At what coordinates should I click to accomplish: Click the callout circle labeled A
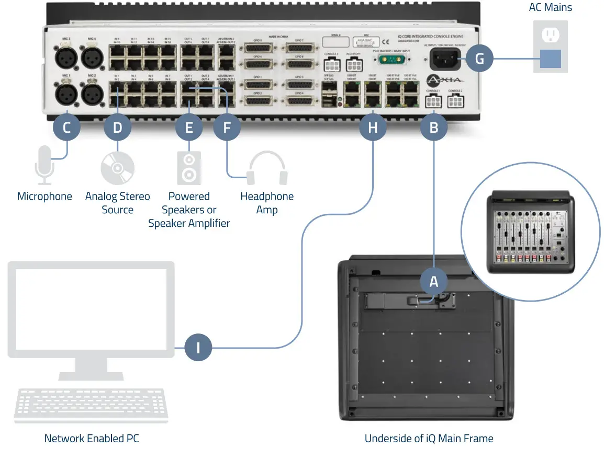coord(433,282)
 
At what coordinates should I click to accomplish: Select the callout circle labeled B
coord(433,127)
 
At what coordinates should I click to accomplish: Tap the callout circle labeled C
coord(66,127)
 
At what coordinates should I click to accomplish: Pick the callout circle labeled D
coord(117,127)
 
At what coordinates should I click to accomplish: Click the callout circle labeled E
coord(189,127)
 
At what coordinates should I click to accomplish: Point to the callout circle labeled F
coord(227,127)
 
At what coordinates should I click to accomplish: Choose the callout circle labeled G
coord(479,59)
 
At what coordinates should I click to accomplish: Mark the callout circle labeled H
coord(372,127)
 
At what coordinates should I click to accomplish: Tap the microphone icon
coord(44,165)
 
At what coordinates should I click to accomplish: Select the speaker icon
coord(189,168)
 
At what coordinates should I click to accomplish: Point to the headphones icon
coord(267,168)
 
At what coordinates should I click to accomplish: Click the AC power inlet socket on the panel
coord(445,59)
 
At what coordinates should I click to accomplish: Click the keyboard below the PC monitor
coord(91,406)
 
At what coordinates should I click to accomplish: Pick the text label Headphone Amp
coord(267,203)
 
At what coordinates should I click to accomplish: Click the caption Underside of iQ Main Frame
coord(429,439)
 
